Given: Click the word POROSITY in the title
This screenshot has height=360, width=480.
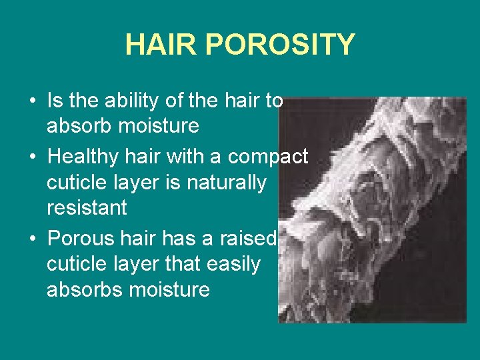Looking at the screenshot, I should pos(279,45).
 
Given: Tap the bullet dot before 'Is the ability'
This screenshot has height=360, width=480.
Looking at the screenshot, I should pos(33,102).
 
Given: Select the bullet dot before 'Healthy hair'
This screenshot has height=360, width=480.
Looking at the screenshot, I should pos(33,158).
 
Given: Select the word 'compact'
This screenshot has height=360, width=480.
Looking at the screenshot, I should pos(268,157).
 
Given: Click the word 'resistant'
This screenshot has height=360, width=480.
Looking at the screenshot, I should pos(87,208).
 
